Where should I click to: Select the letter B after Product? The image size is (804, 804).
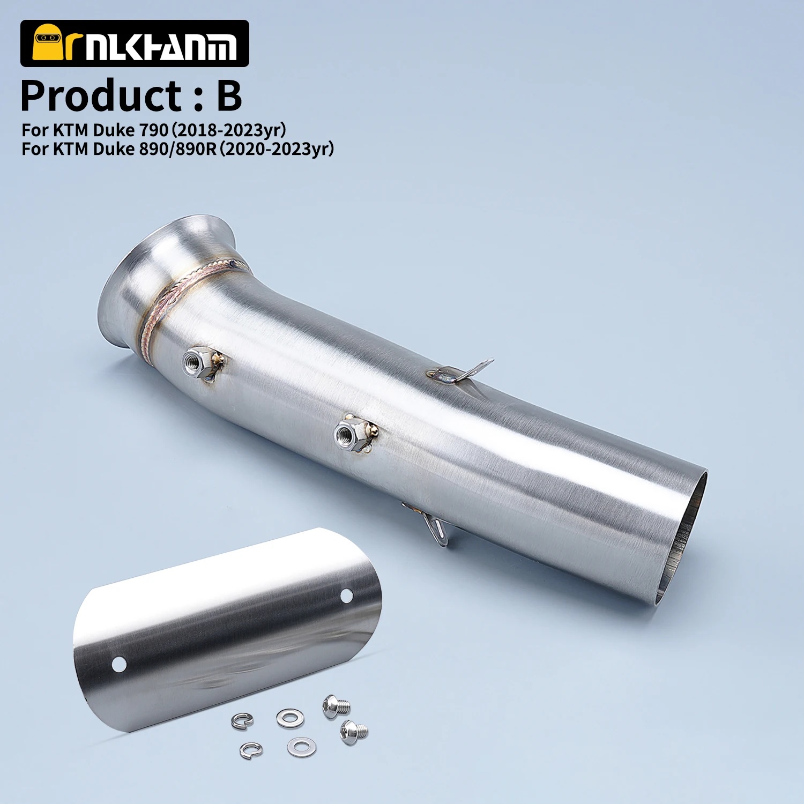click(229, 96)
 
